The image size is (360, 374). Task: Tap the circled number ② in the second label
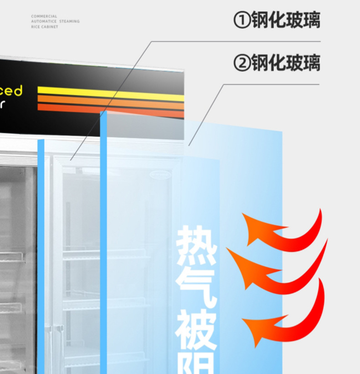click(x=241, y=63)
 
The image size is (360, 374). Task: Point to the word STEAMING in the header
click(x=69, y=21)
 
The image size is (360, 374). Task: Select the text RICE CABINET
click(x=45, y=27)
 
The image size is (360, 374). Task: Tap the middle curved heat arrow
click(x=278, y=269)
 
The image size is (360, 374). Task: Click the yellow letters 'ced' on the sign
click(x=11, y=91)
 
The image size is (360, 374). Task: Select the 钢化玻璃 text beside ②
click(x=286, y=63)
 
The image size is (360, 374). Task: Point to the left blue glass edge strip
click(x=41, y=255)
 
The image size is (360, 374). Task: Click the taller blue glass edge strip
click(x=103, y=241)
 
